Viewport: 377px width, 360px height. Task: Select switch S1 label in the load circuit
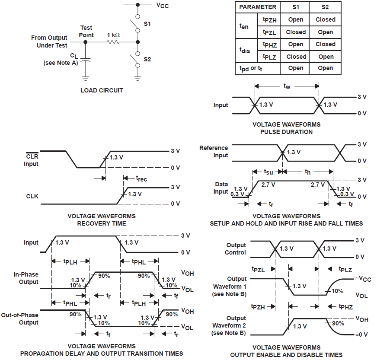tap(147, 24)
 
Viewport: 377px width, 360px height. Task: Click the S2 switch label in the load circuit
tap(147, 59)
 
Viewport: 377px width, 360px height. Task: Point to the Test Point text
tap(86, 31)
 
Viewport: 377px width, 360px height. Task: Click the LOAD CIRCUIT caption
tap(102, 90)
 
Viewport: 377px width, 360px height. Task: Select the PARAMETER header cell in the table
tap(258, 7)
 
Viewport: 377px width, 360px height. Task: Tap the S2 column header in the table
tap(325, 7)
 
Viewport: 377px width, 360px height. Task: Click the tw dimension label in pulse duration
tap(287, 86)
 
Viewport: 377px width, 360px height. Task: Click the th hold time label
tap(308, 172)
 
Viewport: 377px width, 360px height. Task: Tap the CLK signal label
tap(32, 196)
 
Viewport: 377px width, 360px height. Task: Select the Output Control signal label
tap(236, 249)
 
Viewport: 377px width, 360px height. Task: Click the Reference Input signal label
tap(213, 152)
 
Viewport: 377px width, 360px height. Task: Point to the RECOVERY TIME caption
tap(102, 223)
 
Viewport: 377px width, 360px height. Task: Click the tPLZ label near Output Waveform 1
tap(345, 269)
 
